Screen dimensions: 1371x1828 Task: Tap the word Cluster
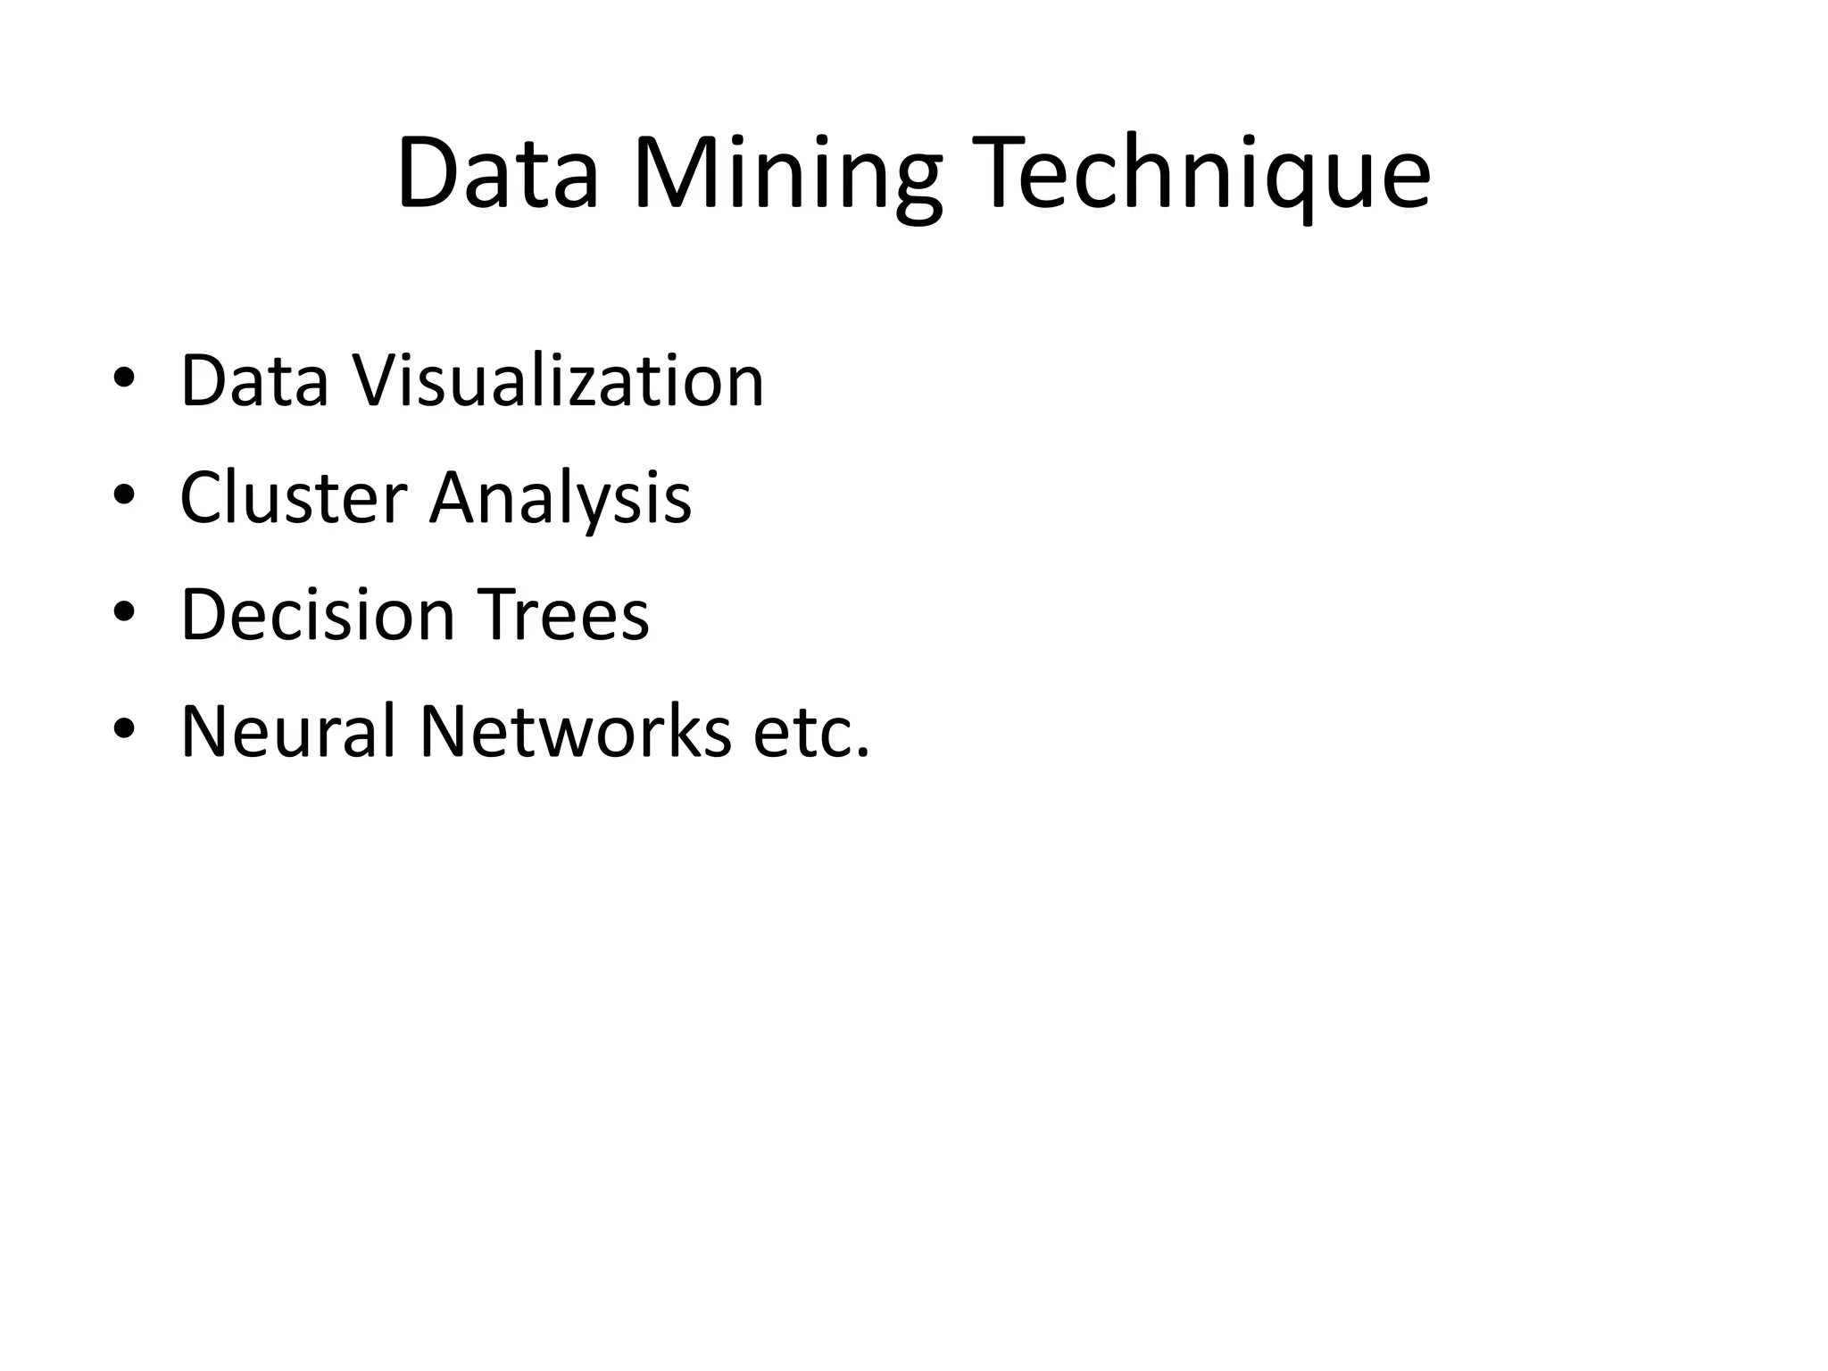(293, 497)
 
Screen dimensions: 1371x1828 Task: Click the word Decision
(318, 614)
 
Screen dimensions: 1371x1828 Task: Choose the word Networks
(575, 731)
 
